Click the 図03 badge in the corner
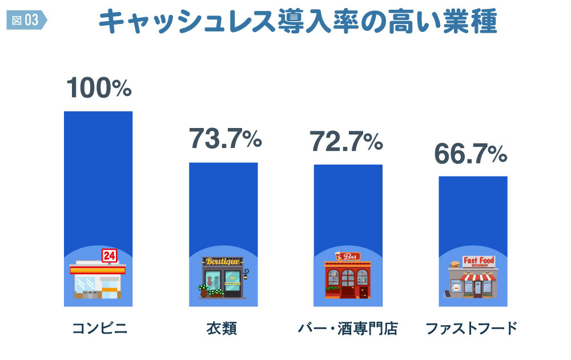tap(25, 20)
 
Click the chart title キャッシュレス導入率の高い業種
tap(297, 22)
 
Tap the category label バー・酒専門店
tap(348, 329)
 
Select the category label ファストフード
tap(472, 329)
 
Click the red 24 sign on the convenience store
tap(108, 256)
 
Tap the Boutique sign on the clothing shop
tap(223, 262)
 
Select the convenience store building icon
tap(97, 281)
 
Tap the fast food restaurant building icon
tap(472, 281)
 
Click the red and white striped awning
tap(478, 278)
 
